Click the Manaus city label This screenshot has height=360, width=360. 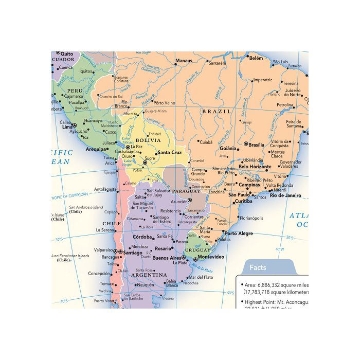184,61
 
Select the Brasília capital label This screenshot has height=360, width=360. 256,145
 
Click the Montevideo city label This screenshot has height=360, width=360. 211,257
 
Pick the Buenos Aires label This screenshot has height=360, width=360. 167,258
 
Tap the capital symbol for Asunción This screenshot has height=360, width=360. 190,200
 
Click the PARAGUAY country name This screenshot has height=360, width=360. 186,191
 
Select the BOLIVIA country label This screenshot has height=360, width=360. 148,140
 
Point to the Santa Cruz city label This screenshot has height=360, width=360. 169,153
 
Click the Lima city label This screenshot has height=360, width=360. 66,127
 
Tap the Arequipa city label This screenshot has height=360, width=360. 96,149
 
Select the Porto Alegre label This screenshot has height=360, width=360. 239,233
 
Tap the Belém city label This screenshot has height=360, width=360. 256,58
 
